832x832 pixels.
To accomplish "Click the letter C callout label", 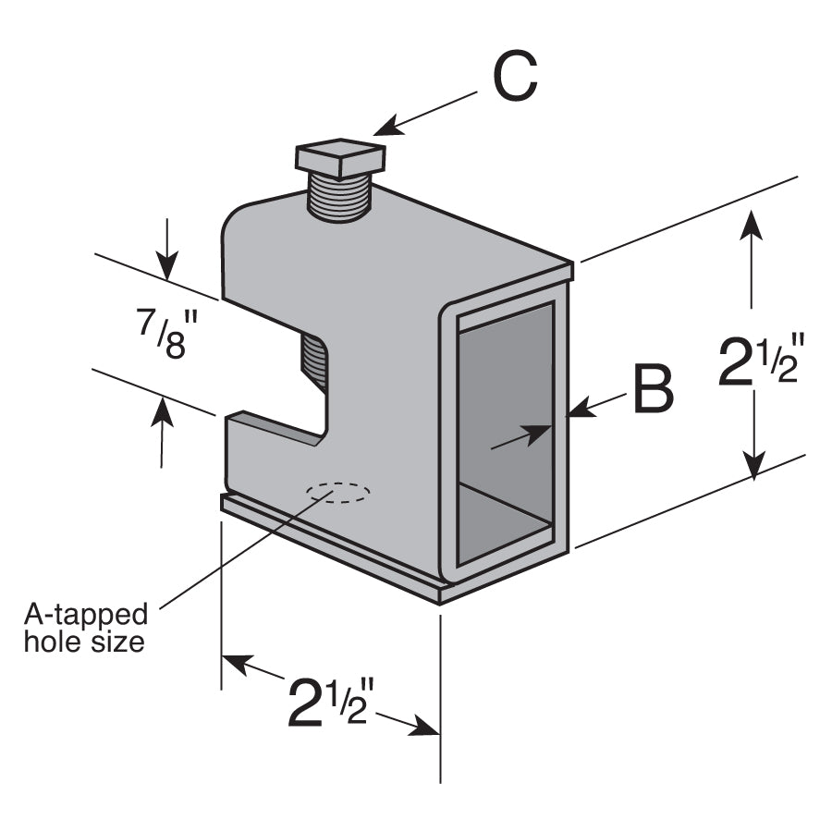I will (x=514, y=78).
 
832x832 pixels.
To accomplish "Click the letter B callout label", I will (x=652, y=390).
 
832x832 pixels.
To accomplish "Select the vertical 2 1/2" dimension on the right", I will (x=756, y=361).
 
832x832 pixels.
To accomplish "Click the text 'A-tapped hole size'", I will (x=85, y=628).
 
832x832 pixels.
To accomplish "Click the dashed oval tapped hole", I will (x=340, y=492).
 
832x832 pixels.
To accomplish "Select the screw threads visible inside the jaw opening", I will (x=314, y=361).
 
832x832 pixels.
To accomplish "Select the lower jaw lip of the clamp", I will (x=274, y=428).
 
